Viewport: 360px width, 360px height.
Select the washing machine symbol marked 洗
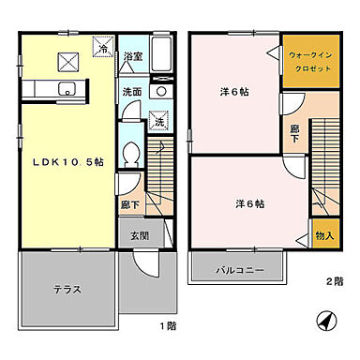click(158, 122)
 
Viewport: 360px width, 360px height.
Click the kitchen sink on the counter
click(66, 89)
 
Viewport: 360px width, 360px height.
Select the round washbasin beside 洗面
click(158, 93)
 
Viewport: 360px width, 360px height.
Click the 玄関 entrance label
click(138, 235)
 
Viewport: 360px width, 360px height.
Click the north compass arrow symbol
click(323, 321)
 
